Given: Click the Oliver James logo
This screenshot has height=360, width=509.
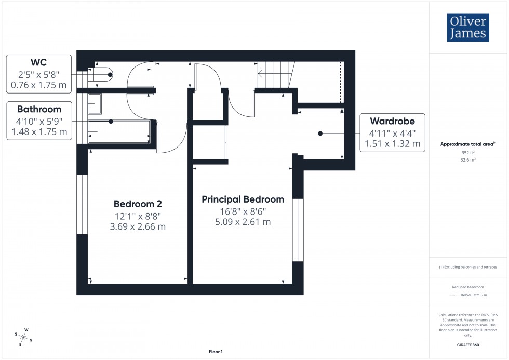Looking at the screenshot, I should click(467, 28).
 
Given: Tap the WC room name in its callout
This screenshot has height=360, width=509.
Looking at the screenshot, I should click(39, 62).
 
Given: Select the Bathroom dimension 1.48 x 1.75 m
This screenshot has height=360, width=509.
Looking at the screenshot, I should click(39, 132).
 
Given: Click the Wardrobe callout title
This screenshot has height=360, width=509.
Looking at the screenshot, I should click(392, 121).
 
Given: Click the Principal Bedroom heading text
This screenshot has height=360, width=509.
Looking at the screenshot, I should click(243, 199).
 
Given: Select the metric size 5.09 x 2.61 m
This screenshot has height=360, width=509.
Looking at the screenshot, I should click(243, 222).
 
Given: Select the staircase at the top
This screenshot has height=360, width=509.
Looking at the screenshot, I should click(276, 73).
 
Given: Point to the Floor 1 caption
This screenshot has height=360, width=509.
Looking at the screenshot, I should click(215, 352).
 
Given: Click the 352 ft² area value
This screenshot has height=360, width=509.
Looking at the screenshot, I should click(468, 153).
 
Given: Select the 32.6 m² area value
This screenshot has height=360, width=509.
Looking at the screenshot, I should click(468, 160).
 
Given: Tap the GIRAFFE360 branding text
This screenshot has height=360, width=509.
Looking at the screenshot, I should click(468, 344).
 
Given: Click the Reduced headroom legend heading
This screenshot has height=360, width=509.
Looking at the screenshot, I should click(468, 287).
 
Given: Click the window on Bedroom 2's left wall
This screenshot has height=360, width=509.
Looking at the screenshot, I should click(82, 204).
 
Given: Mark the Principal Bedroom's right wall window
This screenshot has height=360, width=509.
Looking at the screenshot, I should click(298, 230).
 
